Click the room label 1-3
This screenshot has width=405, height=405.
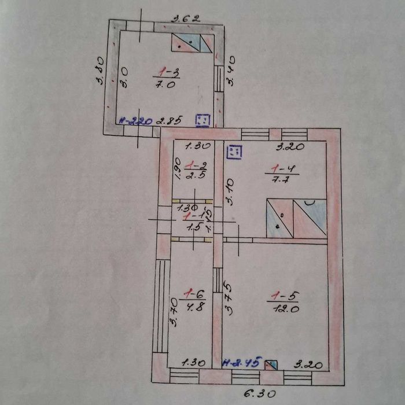pyautogui.click(x=170, y=72)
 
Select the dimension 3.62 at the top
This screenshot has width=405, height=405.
pyautogui.click(x=185, y=18)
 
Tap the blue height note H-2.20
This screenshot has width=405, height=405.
pyautogui.click(x=136, y=122)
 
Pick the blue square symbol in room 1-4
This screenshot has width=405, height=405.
pyautogui.click(x=235, y=152)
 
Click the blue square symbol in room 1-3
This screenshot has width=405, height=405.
pyautogui.click(x=203, y=120)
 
